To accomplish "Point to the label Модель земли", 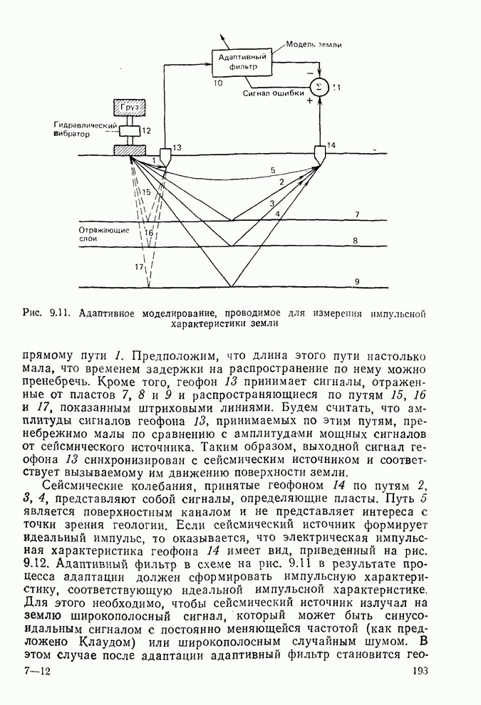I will point(314,44).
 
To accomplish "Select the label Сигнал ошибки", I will point(273,93).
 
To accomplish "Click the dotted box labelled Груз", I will point(130,107).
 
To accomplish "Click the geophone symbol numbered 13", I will point(165,155).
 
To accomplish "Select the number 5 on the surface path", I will point(272,170).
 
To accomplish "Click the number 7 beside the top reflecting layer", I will point(357,214).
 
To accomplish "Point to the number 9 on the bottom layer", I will point(357,283).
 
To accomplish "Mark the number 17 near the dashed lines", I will point(139,266).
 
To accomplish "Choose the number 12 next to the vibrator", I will point(147,131).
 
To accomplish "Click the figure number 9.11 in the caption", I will point(60,312).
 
